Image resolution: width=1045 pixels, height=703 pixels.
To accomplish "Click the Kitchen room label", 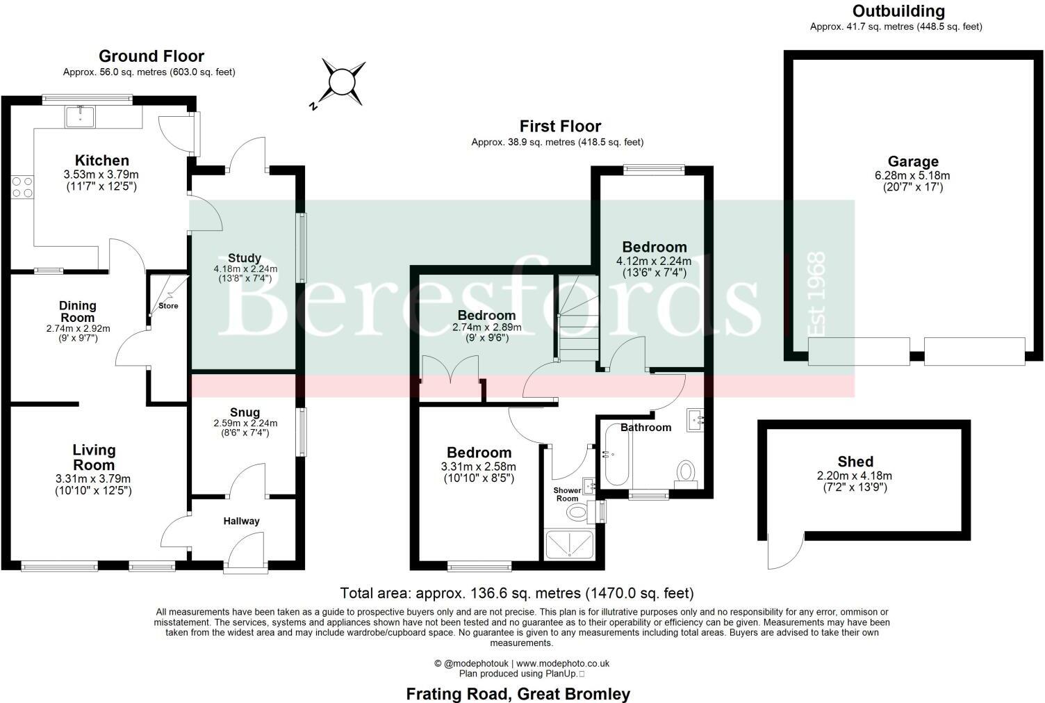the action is click(x=102, y=161).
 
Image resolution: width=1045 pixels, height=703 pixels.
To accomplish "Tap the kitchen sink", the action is click(x=81, y=117).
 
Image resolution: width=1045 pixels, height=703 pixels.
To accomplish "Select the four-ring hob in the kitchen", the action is click(x=22, y=186).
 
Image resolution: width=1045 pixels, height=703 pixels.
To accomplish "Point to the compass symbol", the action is click(x=341, y=82).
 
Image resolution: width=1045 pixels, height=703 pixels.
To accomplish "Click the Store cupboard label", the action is click(x=168, y=305).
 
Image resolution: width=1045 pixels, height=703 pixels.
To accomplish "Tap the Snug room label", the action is click(x=246, y=412).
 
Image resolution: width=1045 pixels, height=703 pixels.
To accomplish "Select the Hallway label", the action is click(x=241, y=521).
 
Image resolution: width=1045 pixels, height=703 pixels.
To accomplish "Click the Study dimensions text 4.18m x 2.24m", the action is click(x=245, y=269).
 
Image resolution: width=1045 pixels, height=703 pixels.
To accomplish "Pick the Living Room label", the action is click(x=94, y=458).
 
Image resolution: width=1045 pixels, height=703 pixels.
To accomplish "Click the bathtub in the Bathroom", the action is click(x=616, y=455).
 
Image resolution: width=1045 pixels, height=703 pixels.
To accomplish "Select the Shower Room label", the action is click(x=567, y=494).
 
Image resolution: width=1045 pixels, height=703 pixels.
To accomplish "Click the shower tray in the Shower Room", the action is click(x=570, y=544).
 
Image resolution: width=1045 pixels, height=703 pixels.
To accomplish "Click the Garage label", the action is click(x=912, y=163).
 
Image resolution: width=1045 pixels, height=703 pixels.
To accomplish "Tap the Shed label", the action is click(x=855, y=462).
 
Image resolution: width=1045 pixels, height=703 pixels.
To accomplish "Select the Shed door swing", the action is click(x=782, y=553).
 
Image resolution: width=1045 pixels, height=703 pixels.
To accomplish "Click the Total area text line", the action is click(x=517, y=593).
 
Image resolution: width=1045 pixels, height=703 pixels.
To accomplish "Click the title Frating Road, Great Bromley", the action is click(x=518, y=693).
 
